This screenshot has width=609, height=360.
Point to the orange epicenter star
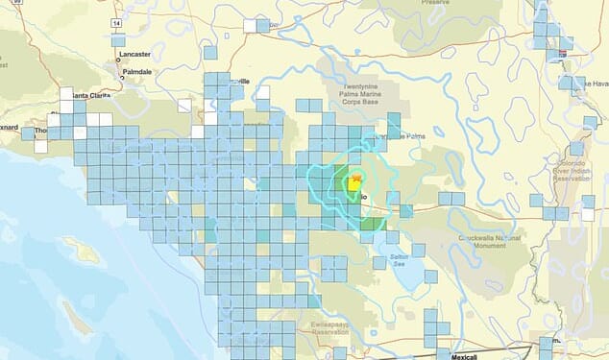[x=356, y=178]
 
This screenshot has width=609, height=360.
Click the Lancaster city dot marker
[x=120, y=60]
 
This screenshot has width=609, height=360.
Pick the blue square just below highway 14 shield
[x=118, y=41]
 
